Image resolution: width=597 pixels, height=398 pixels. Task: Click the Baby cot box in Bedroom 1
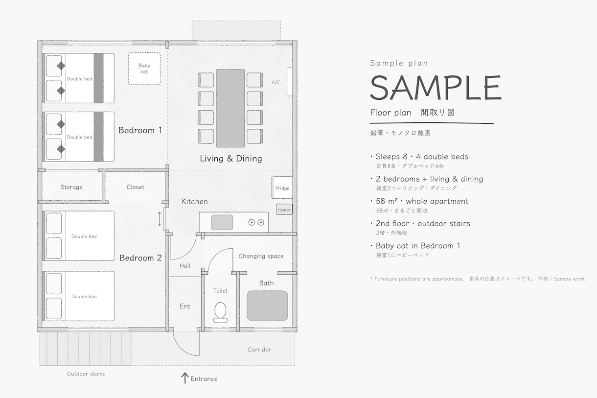point(144,69)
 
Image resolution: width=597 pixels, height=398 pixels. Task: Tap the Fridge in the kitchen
point(282,187)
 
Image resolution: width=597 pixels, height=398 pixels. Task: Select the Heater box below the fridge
point(284,210)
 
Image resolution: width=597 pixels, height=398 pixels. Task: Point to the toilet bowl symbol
point(220,312)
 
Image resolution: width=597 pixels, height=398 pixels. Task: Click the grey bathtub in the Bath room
point(267,306)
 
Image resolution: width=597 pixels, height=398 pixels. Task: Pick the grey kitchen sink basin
point(222,222)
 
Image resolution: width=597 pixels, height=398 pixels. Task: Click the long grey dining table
point(230,108)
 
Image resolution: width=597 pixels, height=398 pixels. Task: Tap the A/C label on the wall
point(276,82)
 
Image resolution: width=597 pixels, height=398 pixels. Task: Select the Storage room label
point(71,187)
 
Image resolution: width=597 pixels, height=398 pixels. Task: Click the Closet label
point(136,187)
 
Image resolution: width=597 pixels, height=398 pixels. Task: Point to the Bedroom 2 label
point(140,258)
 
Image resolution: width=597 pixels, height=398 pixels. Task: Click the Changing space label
point(261,256)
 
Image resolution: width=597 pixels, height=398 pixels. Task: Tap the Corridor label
point(259,350)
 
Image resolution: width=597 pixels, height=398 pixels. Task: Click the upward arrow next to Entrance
point(184,378)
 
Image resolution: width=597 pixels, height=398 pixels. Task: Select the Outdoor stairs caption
point(86,374)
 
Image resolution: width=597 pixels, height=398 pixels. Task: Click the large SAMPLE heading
point(436,88)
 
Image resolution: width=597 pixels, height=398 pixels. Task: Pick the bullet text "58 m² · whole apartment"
point(422,201)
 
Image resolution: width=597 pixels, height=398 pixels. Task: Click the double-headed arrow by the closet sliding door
point(160,219)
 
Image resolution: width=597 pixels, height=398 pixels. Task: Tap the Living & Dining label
point(231,159)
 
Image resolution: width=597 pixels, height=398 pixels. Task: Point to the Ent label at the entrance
point(185,306)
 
